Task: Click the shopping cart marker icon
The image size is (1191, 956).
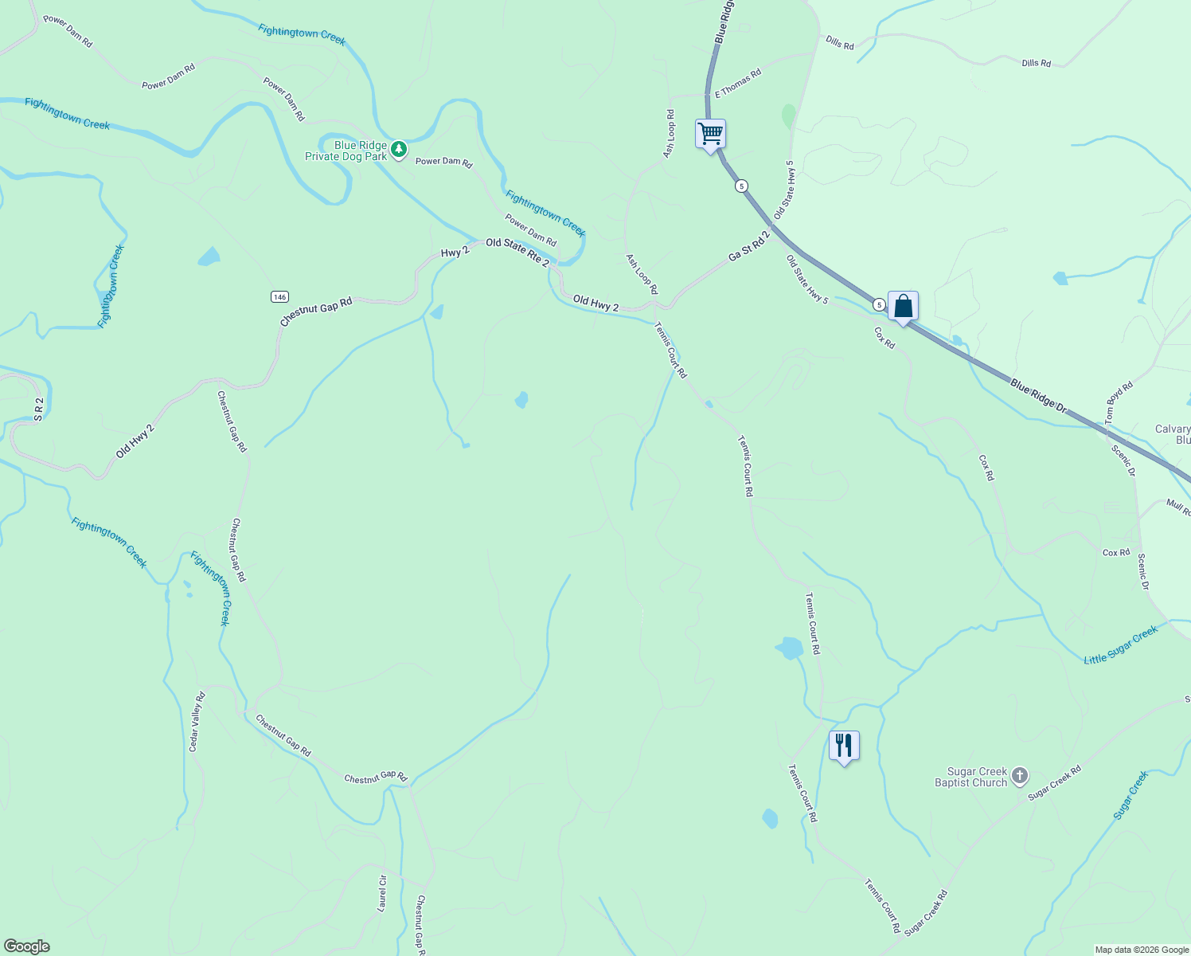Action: (710, 134)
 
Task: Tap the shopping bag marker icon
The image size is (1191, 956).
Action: (903, 306)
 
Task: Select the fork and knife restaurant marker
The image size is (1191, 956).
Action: (844, 746)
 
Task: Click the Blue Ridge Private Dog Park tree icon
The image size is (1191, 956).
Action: (399, 149)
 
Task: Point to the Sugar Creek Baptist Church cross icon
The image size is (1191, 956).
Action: (1020, 776)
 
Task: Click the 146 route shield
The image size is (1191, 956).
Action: (279, 297)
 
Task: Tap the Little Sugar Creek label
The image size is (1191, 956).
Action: (1121, 645)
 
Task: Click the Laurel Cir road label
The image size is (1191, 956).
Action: (382, 892)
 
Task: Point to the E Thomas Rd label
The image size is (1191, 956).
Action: (738, 83)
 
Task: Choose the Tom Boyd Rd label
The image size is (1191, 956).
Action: (1119, 402)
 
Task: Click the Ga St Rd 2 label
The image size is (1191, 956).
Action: (749, 246)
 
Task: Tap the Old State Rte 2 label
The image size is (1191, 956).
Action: (517, 252)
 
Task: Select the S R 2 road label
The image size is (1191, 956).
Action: (37, 409)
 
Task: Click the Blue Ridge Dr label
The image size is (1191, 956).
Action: (1038, 395)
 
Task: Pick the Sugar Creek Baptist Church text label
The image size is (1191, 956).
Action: (971, 777)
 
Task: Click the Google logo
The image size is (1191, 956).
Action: (27, 946)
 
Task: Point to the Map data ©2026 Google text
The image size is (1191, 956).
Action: (1142, 950)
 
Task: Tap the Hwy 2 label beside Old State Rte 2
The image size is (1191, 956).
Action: (455, 252)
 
